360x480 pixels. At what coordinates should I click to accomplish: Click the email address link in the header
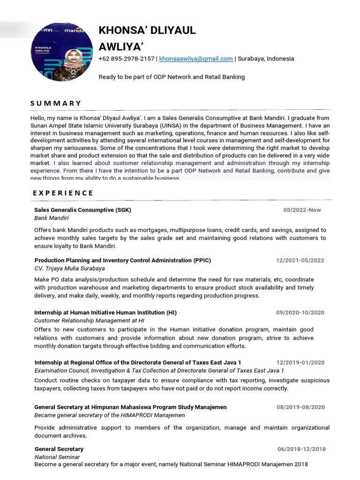coord(196,59)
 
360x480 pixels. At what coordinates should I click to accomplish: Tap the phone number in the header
coord(126,59)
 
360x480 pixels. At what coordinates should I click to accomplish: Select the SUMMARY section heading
coord(56,103)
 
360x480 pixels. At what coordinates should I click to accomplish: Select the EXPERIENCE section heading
coord(63,193)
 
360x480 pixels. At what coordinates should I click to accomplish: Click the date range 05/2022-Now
coord(302,210)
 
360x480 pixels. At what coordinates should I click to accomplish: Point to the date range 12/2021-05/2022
coord(300,260)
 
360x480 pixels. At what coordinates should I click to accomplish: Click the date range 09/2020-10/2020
coord(300,313)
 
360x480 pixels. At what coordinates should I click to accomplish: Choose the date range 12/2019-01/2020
coord(300,362)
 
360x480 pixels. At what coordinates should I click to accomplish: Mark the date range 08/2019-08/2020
coord(300,407)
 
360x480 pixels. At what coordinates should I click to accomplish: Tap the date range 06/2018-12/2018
coord(301,449)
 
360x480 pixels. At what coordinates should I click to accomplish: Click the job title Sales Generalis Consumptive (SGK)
coord(82,210)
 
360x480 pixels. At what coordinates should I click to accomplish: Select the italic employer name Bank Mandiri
coord(52,218)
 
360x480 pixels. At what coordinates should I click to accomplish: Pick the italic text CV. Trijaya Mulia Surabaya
coord(69,269)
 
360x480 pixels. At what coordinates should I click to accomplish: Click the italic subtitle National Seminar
coord(57,457)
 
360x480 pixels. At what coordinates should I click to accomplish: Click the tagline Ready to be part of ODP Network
coord(172,76)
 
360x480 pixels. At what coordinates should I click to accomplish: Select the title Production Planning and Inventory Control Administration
coord(123,260)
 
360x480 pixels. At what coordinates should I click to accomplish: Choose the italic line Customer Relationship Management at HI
coord(89,321)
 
